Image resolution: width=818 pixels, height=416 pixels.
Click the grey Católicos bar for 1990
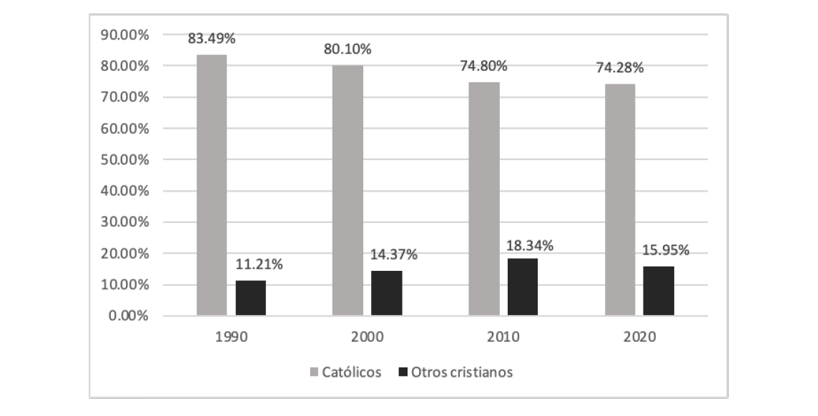(x=212, y=185)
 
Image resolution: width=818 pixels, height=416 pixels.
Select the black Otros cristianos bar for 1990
(x=250, y=297)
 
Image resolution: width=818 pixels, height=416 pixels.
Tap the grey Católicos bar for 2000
(x=348, y=190)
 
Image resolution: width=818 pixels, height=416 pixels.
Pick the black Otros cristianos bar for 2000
(x=387, y=293)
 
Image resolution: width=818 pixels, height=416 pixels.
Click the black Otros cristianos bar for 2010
(x=523, y=287)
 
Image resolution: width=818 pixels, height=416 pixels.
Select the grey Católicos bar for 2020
(x=620, y=199)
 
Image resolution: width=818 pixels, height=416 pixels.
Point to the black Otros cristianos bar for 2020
(x=659, y=290)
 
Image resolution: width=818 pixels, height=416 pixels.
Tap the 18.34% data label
(x=530, y=245)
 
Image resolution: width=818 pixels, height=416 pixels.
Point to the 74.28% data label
(x=620, y=69)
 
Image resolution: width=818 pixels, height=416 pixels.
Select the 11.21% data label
(x=259, y=265)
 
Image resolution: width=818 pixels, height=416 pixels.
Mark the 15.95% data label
(x=666, y=250)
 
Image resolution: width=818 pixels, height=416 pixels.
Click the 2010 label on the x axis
(x=503, y=336)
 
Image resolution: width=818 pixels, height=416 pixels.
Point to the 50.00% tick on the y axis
(x=124, y=159)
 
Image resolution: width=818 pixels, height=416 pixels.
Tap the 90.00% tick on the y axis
(x=124, y=34)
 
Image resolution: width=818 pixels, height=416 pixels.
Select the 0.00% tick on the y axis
(x=128, y=316)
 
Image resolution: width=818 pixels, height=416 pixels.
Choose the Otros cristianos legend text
(x=462, y=372)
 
